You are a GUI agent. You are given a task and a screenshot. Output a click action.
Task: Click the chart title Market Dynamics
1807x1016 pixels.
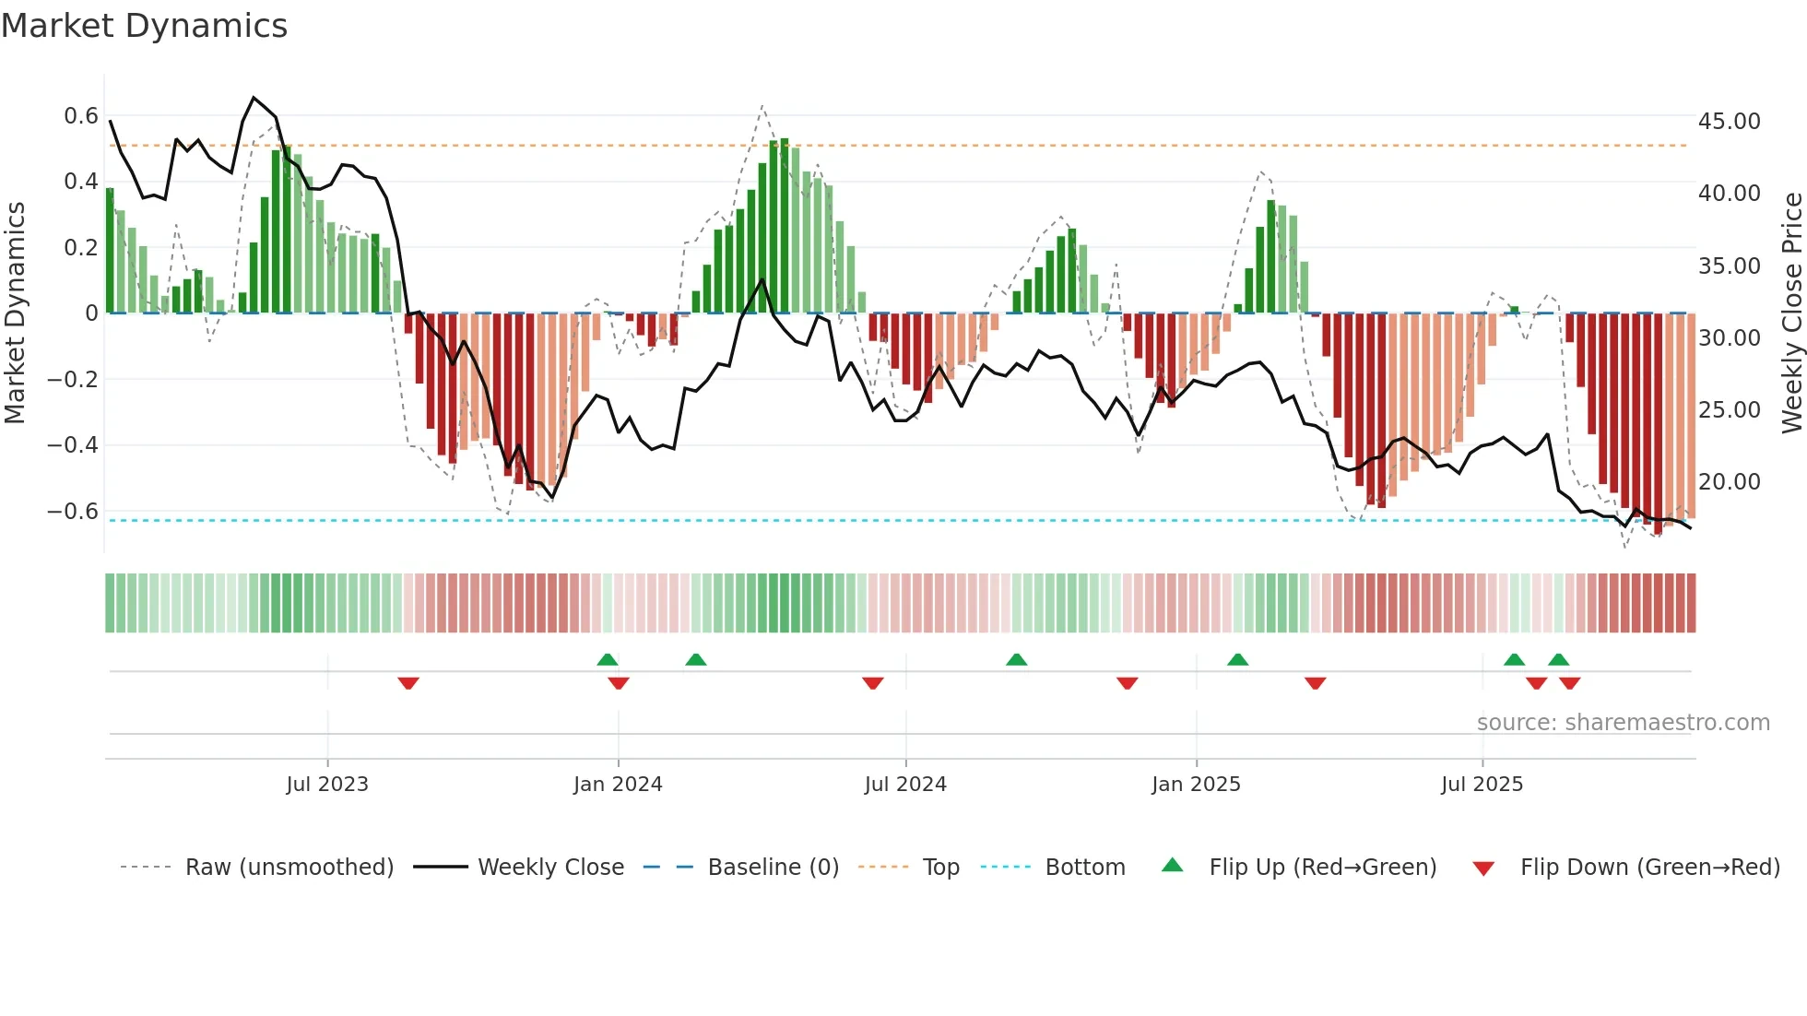coord(144,26)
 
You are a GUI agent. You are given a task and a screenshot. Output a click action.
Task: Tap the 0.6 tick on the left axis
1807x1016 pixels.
coord(80,116)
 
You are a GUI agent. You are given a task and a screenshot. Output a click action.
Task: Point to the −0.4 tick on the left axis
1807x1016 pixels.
coord(72,445)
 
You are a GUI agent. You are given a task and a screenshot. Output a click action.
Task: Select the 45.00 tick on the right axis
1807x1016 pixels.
coord(1729,122)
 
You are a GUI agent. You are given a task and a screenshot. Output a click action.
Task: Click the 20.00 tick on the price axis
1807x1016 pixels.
coord(1729,482)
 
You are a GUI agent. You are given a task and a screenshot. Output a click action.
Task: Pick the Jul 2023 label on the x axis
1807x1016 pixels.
coord(326,785)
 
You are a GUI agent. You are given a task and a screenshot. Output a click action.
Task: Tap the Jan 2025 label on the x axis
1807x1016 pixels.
coord(1196,785)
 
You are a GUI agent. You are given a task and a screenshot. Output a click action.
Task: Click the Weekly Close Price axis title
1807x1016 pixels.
coord(1791,313)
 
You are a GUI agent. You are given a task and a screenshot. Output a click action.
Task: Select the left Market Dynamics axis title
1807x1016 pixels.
coord(15,313)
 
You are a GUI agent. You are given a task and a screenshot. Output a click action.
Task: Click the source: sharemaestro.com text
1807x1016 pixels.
coord(1623,723)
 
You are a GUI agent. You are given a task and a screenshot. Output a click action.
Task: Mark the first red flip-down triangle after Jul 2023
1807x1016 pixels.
coord(408,683)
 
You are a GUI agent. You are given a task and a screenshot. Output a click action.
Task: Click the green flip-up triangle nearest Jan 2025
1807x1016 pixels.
coord(1238,659)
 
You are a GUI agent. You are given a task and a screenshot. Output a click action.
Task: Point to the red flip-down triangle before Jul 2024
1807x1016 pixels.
coord(873,683)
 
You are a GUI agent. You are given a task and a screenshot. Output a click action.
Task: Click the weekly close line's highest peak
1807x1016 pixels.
coord(254,98)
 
